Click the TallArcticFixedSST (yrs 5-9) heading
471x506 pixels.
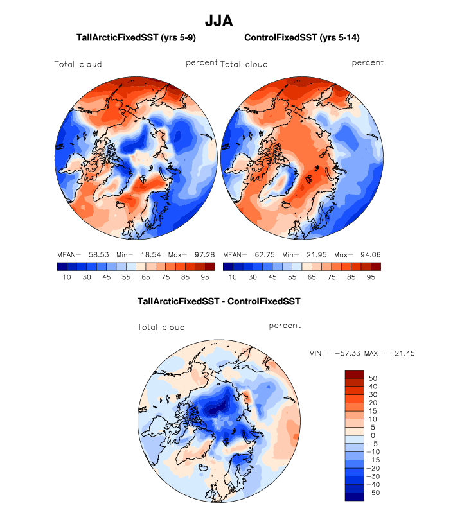(x=136, y=39)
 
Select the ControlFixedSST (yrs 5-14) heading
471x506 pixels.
(x=302, y=39)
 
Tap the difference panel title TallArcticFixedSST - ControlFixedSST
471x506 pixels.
(x=219, y=301)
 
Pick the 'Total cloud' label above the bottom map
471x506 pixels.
(x=161, y=327)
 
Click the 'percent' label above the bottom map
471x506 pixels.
(x=285, y=326)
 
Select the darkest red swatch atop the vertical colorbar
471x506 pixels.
(x=355, y=374)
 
